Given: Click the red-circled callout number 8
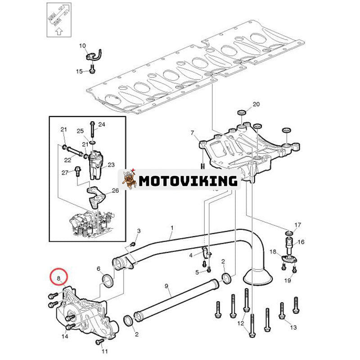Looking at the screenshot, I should click(58, 278).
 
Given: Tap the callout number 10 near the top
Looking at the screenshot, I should click(82, 46).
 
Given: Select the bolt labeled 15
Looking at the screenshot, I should click(92, 69).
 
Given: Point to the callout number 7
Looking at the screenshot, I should click(193, 133).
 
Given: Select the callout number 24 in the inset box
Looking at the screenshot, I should click(101, 124).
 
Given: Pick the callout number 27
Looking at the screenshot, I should click(64, 172).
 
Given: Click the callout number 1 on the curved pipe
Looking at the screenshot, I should click(171, 228).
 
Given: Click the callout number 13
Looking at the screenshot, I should click(293, 327).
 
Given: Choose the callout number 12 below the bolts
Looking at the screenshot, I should click(241, 324).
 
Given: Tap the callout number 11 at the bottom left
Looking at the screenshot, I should click(105, 351).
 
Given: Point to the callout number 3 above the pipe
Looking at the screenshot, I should click(139, 231).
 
